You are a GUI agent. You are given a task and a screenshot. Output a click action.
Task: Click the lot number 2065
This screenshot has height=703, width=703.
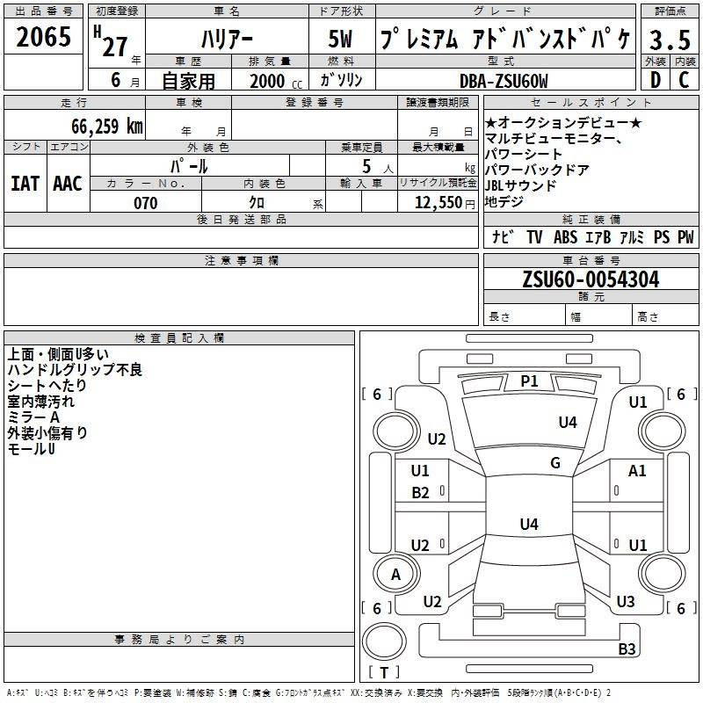43,36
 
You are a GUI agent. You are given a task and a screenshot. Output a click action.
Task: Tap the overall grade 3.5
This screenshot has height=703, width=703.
670,40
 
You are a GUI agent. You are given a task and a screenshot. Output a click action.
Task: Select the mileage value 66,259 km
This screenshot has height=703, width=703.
107,126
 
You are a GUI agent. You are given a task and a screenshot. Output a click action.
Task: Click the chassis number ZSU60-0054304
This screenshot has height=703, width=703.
591,279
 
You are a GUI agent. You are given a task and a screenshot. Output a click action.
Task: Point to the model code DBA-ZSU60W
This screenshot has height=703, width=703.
504,81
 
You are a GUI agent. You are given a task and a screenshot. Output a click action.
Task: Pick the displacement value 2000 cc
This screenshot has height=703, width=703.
276,81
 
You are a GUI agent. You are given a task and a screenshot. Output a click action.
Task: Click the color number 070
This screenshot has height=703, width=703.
146,203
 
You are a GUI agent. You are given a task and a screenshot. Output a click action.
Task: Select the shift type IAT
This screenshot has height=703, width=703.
25,184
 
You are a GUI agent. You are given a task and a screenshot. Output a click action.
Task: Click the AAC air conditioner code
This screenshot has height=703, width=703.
68,184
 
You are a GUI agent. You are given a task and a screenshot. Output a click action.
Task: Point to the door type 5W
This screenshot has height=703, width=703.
340,39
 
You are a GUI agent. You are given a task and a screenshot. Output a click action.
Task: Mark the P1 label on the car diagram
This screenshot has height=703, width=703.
529,381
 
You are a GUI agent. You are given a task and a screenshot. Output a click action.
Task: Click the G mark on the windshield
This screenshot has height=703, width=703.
555,463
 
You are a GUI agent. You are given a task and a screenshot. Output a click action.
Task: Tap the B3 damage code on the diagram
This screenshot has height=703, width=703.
627,649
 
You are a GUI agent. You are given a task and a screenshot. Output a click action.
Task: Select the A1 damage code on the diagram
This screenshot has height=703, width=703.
637,471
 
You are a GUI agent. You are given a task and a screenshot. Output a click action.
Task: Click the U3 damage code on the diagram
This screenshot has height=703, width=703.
626,601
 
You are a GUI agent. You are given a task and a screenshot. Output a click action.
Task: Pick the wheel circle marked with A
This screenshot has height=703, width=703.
396,574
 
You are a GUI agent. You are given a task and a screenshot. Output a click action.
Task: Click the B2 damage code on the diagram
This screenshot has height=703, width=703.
420,493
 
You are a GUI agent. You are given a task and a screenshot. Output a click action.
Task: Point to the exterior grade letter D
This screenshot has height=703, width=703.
656,80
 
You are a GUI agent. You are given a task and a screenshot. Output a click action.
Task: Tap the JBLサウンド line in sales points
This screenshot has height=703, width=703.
520,185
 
